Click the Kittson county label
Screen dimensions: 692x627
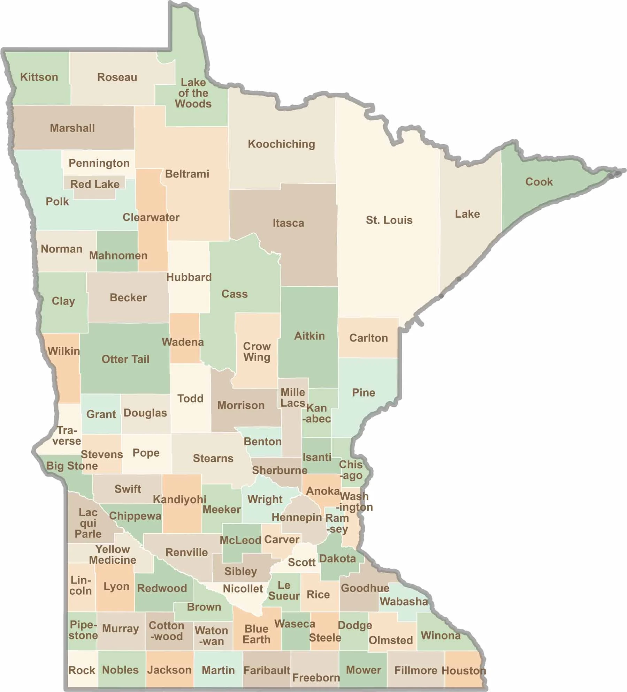[x=39, y=77]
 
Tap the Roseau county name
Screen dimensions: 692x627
[x=117, y=77]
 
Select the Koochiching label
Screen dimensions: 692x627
[x=281, y=144]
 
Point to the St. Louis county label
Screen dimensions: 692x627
[x=389, y=220]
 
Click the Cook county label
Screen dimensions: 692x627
[x=539, y=182]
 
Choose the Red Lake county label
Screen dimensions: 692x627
[x=95, y=184]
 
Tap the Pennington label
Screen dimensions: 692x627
[x=99, y=163]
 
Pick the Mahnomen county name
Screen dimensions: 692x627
[x=118, y=255]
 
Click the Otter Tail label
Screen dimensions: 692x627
[x=125, y=359]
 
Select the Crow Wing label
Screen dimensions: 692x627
[x=257, y=352]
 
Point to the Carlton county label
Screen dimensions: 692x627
[x=368, y=338]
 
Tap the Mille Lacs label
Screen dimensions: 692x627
[x=293, y=398]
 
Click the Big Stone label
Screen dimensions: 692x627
[x=72, y=466]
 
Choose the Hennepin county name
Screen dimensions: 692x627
[x=297, y=517]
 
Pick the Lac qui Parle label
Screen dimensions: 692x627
[x=88, y=523]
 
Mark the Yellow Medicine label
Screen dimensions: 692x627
[x=113, y=555]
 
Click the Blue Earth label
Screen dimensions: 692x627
[x=257, y=634]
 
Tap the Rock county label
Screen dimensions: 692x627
[x=82, y=670]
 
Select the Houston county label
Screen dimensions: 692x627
[x=464, y=670]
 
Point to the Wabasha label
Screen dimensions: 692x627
[x=404, y=601]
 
